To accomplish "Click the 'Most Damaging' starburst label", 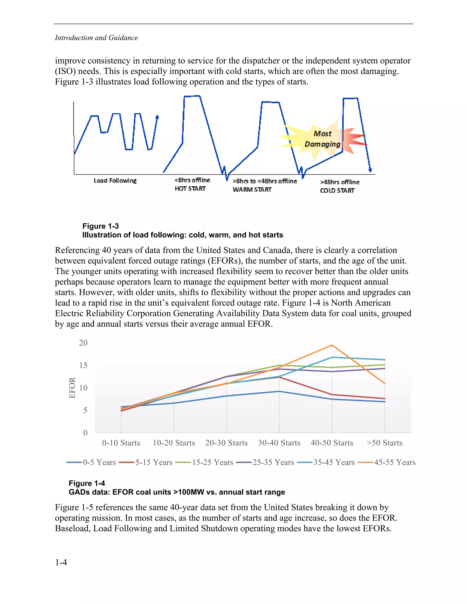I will pos(322,139).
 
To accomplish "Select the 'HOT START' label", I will pos(190,189).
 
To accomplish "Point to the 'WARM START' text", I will pos(252,190).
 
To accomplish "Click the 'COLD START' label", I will pos(337,191).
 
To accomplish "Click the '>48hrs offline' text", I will pos(340,182).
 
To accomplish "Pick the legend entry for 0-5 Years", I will pos(91,462).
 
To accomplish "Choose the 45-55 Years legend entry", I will pos(387,462).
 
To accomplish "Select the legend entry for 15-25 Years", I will pos(205,462).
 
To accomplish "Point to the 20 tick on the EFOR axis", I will pos(83,343).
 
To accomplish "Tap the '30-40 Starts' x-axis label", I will pos(279,443).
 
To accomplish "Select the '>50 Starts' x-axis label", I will pos(384,443).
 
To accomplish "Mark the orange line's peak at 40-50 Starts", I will pos(332,345).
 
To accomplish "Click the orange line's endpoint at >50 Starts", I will pos(384,383).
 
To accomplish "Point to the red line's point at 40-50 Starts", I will pos(332,395).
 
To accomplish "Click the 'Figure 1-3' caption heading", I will pos(100,226).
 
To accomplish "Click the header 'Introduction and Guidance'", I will pos(96,38).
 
